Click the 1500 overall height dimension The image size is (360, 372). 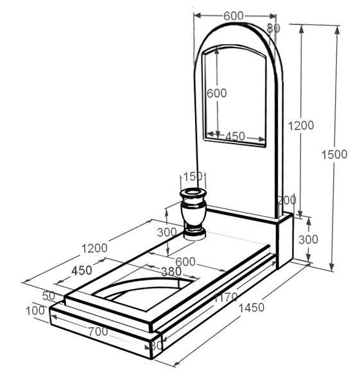[334, 155]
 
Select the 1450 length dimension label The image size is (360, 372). [251, 308]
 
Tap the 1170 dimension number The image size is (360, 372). [226, 297]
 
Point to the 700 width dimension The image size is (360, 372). [98, 331]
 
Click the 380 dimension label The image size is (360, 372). [171, 271]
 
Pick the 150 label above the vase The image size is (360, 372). [193, 176]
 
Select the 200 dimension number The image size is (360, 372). [287, 200]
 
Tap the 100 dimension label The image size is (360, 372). [35, 311]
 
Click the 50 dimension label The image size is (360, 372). [49, 296]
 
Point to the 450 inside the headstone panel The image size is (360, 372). [235, 137]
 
